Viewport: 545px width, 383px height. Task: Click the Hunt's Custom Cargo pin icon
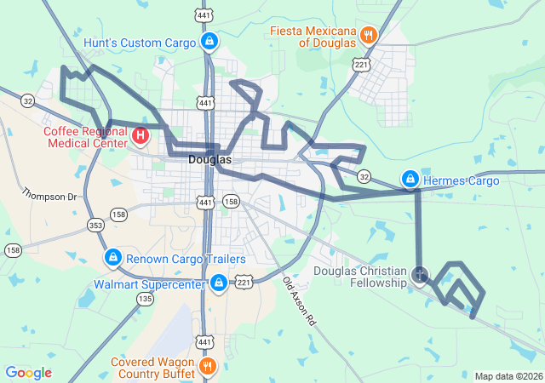click(x=209, y=41)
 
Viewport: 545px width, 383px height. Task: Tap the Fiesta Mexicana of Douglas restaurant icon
click(x=369, y=35)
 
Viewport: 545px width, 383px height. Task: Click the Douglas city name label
click(x=209, y=159)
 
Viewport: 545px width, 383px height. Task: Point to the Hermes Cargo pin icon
click(x=410, y=180)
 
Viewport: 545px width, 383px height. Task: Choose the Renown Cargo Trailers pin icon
click(x=112, y=258)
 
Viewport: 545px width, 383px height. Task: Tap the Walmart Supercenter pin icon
click(x=219, y=282)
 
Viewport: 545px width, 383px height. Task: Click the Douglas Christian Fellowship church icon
click(x=420, y=275)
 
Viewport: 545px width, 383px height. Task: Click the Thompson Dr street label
click(x=49, y=197)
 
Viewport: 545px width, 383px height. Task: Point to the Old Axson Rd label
click(x=299, y=303)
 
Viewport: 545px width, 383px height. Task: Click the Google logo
click(x=28, y=373)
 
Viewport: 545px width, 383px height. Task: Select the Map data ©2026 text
click(x=508, y=376)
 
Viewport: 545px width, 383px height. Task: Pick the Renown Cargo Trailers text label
click(x=186, y=259)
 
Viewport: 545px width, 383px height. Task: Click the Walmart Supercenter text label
click(x=149, y=283)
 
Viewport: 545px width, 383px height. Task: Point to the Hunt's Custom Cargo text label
click(x=141, y=42)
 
